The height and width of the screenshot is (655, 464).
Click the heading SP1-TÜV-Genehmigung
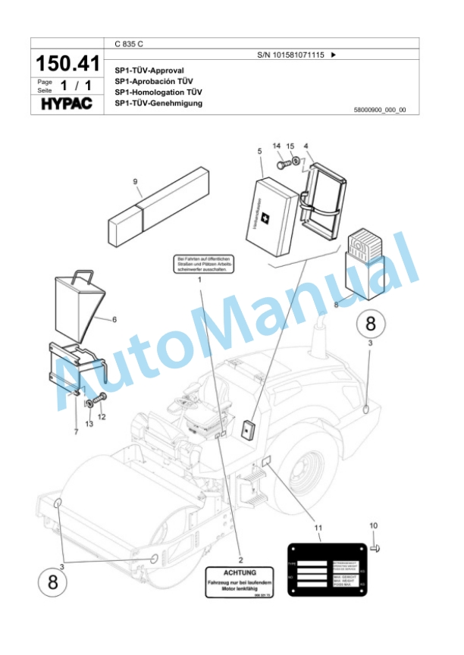point(158,103)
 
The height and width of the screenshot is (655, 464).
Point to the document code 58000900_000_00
point(379,110)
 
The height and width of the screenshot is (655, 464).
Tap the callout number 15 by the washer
point(290,146)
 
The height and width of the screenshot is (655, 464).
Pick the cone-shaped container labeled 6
point(80,302)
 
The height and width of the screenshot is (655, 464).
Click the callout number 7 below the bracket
point(75,431)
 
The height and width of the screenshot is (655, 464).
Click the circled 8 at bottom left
point(52,582)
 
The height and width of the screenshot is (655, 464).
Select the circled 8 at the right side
point(370,324)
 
